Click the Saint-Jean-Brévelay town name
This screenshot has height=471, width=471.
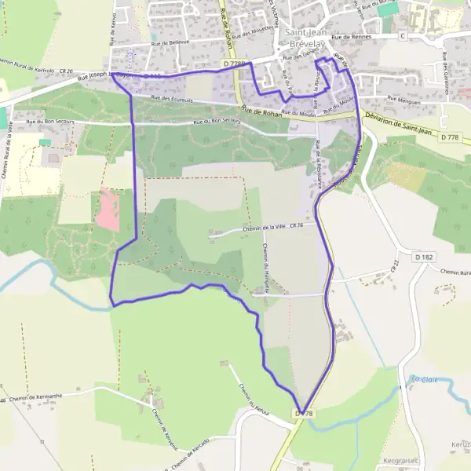312,38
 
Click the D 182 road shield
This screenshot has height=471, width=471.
424,257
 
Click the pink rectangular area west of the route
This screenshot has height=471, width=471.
109,210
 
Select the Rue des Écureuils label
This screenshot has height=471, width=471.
172,98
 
